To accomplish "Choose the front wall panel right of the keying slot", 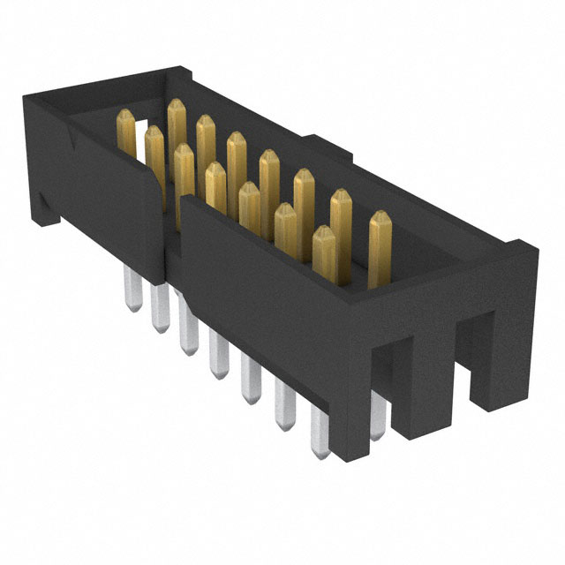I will [265, 282].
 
